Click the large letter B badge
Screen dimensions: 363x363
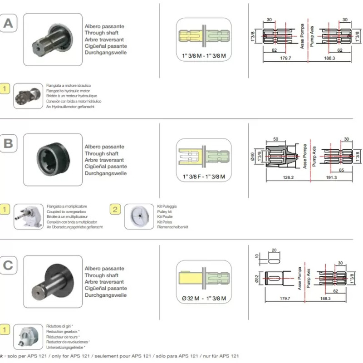click(9, 144)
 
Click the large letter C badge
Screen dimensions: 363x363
click(9, 266)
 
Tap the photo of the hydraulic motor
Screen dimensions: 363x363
click(28, 96)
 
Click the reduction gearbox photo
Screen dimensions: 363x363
click(28, 338)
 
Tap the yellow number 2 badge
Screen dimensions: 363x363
click(115, 209)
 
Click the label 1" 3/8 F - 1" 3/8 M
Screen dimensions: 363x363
click(203, 176)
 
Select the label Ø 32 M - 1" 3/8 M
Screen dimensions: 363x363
click(203, 298)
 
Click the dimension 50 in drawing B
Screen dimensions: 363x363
click(276, 140)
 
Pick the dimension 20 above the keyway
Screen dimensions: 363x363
click(273, 250)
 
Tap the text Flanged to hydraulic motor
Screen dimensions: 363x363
click(66, 90)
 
